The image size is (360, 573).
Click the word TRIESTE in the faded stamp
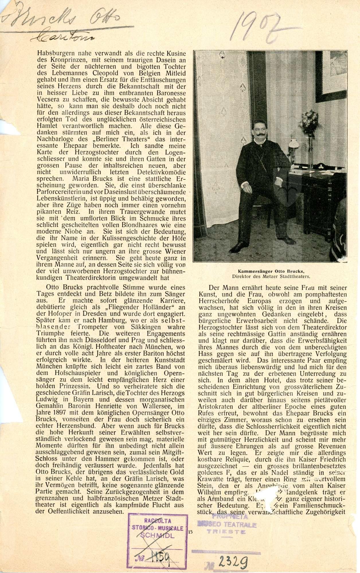(226, 532)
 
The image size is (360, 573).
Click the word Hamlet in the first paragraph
(47, 126)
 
